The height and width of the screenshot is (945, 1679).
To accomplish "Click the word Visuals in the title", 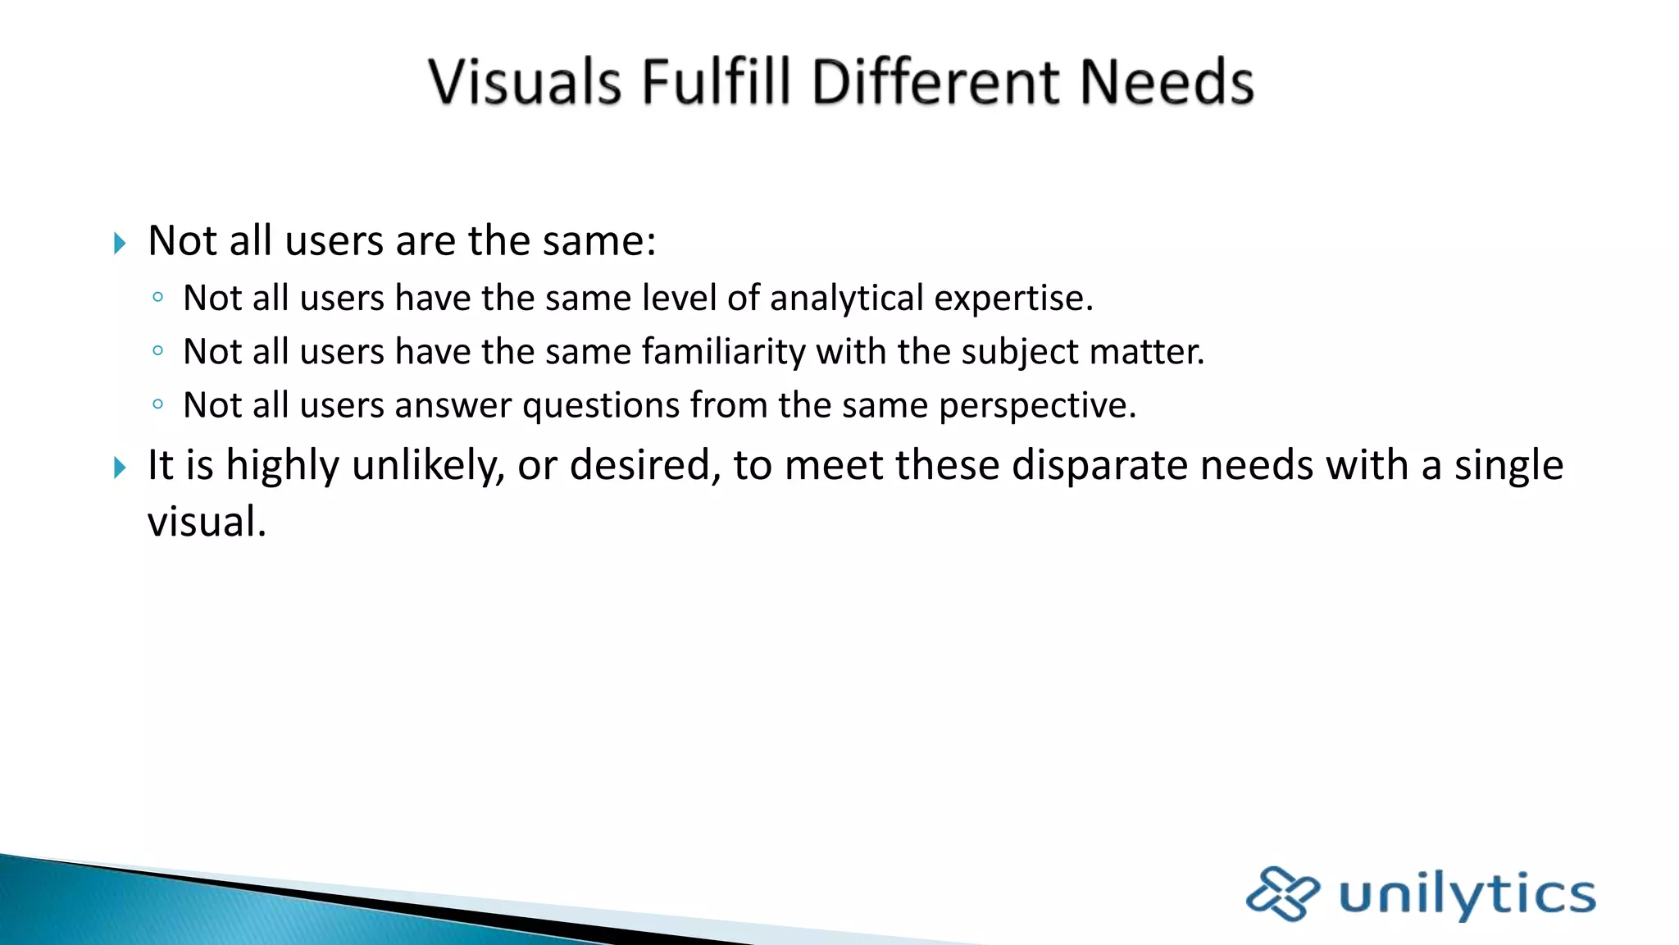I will (x=525, y=82).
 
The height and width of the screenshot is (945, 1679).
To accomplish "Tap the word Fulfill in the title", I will (x=716, y=82).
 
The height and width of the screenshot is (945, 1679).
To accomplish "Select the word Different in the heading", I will (x=934, y=82).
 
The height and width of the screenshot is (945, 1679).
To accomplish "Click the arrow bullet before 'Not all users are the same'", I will (x=120, y=243).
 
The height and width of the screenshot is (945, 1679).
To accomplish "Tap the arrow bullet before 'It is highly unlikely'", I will (x=120, y=468).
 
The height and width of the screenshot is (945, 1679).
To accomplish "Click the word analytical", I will (x=846, y=298).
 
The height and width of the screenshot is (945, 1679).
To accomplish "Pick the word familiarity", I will (x=724, y=352).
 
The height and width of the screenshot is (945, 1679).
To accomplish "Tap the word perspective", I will (x=1037, y=406).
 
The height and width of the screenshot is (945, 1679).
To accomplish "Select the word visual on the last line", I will (x=207, y=522).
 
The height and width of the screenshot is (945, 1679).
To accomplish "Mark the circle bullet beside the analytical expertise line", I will (x=158, y=297).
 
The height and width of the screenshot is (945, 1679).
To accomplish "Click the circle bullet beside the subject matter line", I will (x=158, y=350).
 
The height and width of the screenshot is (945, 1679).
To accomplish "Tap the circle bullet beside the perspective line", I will (x=158, y=404).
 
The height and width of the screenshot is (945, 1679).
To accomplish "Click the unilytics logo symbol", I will (x=1282, y=893).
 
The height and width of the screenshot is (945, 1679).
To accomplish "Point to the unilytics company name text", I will (x=1467, y=894).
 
